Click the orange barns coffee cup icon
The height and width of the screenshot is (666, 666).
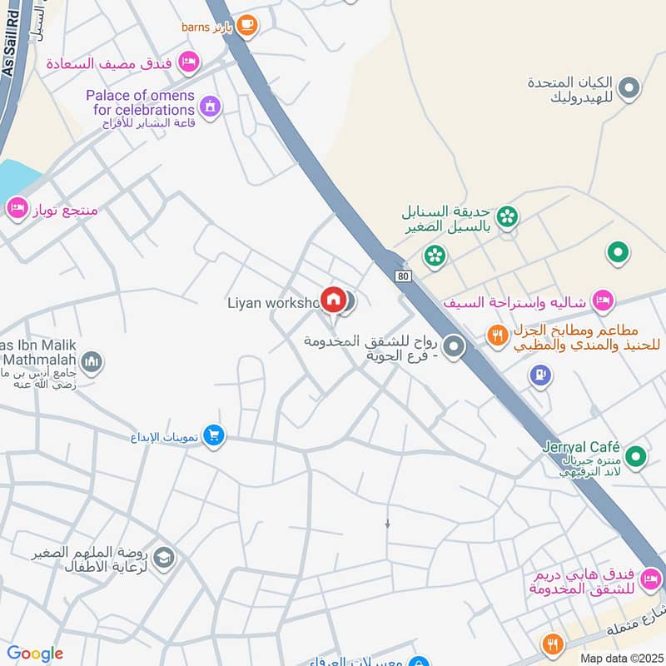246,26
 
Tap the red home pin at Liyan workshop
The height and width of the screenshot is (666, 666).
334,299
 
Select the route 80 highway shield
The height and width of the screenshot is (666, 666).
405,276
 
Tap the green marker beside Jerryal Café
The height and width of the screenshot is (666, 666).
636,456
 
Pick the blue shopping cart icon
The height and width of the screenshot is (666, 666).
214,435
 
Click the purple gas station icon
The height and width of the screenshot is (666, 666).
541,376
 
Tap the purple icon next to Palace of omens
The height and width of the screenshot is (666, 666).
211,106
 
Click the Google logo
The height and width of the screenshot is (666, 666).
35,654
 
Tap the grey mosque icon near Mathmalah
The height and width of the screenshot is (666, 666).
92,362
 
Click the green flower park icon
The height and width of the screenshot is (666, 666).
509,217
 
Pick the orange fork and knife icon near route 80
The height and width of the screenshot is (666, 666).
498,335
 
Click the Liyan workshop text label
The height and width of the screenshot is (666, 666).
273,302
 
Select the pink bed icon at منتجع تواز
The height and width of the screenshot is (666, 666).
17,208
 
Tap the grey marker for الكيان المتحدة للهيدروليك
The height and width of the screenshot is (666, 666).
630,87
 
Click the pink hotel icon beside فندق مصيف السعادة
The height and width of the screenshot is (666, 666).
190,61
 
